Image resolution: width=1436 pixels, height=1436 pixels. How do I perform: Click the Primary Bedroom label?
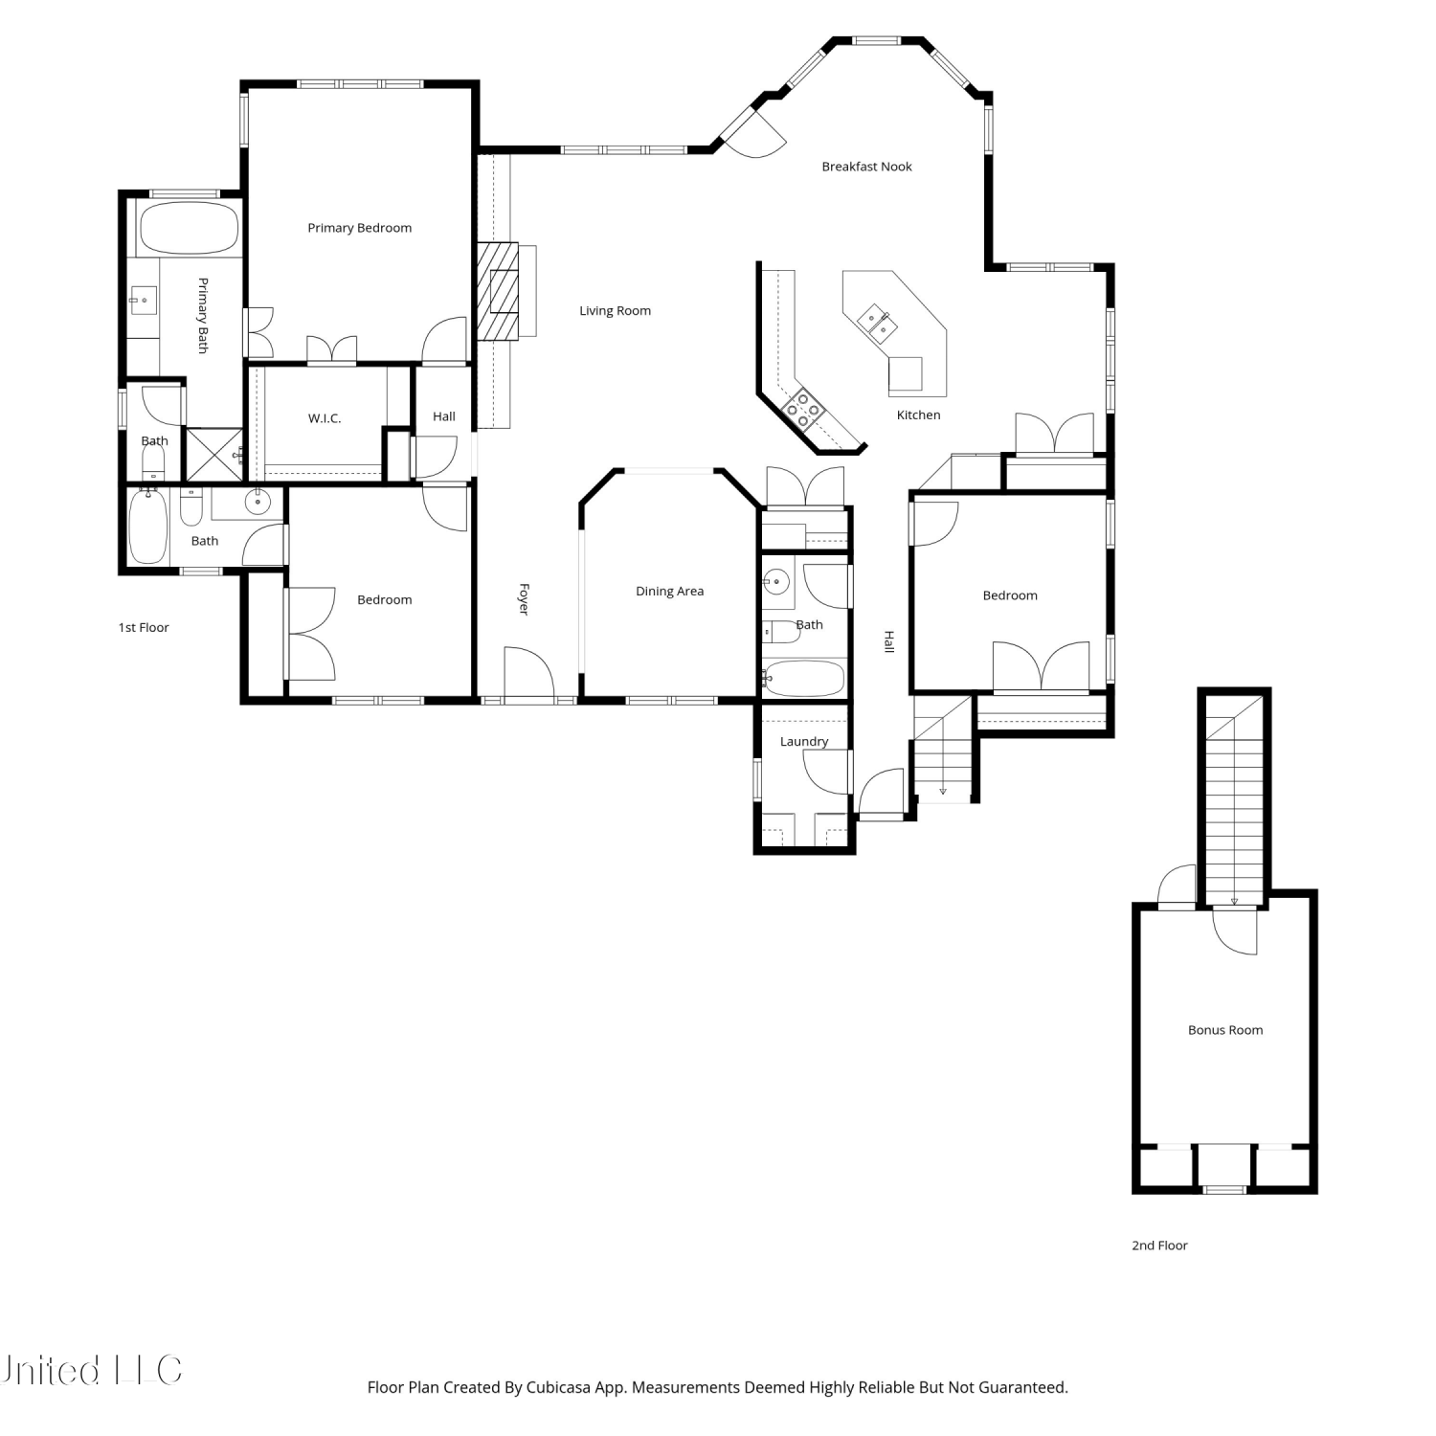point(359,228)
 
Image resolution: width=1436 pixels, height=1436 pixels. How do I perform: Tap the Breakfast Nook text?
point(866,167)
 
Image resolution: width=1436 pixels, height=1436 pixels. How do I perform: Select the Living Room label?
point(615,311)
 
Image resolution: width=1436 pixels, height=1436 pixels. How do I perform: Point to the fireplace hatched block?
point(498,292)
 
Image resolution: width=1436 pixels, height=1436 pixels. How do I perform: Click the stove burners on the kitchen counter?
point(802,410)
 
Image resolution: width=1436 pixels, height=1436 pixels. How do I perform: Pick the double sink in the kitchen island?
point(878,322)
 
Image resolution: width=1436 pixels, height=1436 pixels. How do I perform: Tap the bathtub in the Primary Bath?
point(189,228)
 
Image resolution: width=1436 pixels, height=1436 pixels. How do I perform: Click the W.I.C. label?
point(325,418)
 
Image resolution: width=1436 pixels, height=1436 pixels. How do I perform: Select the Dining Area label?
point(669,592)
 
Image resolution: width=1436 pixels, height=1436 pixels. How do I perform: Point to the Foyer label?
point(524,599)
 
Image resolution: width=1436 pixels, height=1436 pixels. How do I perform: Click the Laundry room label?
point(804,742)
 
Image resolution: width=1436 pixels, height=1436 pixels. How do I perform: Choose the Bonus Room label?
point(1225,1030)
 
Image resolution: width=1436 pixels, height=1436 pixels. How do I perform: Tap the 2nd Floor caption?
point(1159,1245)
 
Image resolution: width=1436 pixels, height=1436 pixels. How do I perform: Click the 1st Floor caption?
point(144,628)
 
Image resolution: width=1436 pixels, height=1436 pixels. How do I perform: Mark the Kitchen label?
point(918,415)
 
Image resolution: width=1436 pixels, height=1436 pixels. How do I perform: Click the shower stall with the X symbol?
point(214,455)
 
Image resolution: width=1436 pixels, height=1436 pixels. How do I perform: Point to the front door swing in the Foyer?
point(529,674)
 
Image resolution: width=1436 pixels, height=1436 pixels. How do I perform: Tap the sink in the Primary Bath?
point(143,301)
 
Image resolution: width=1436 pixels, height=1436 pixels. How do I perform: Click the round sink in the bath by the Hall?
point(776,582)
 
